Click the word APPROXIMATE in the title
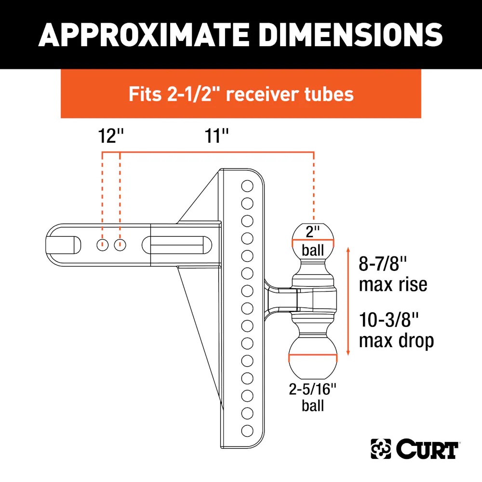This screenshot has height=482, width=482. [x=144, y=35]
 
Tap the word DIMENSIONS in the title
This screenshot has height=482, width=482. [x=350, y=35]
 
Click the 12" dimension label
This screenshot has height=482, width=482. [x=111, y=136]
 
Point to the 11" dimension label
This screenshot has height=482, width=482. [x=216, y=136]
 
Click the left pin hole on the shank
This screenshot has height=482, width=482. [x=102, y=245]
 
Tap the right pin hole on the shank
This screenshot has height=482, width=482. [x=120, y=245]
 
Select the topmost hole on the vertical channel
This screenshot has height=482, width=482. [x=247, y=186]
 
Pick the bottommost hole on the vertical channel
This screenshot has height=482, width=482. [x=247, y=430]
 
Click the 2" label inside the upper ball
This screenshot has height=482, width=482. [x=313, y=231]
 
